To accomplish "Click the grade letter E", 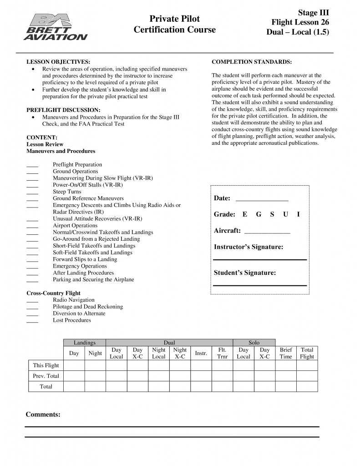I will tap(245, 214).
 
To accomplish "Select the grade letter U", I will tap(285, 214).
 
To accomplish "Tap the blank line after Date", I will tap(262, 200).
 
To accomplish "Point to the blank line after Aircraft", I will tap(267, 232).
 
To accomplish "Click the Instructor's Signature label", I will tap(248, 247).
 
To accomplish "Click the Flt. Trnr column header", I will tap(223, 353).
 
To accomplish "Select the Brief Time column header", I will tap(286, 353).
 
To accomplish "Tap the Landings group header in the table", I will tap(85, 342).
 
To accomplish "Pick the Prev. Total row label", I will tap(46, 376).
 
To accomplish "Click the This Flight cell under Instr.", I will tap(201, 365).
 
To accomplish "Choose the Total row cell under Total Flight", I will tap(307, 386).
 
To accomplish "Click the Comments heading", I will tap(43, 415).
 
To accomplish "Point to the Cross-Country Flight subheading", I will tap(53, 294).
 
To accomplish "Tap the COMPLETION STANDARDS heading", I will tap(252, 61).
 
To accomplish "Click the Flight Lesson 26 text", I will tap(300, 22).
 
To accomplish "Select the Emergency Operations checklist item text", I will tap(80, 266).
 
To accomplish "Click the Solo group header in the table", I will tap(254, 342).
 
